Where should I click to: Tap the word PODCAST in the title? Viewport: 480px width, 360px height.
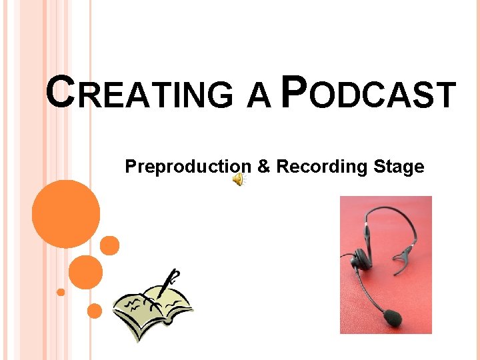pyautogui.click(x=368, y=93)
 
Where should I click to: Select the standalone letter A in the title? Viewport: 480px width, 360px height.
pyautogui.click(x=258, y=95)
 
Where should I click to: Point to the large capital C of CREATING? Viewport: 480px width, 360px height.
pyautogui.click(x=59, y=91)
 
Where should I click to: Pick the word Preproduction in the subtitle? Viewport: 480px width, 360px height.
pyautogui.click(x=188, y=167)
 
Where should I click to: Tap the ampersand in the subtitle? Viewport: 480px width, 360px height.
pyautogui.click(x=263, y=167)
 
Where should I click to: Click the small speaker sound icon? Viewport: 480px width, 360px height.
pyautogui.click(x=238, y=180)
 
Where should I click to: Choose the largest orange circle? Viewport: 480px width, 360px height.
pyautogui.click(x=65, y=213)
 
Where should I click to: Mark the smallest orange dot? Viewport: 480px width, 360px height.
pyautogui.click(x=61, y=292)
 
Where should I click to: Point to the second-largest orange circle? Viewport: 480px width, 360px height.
pyautogui.click(x=85, y=271)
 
